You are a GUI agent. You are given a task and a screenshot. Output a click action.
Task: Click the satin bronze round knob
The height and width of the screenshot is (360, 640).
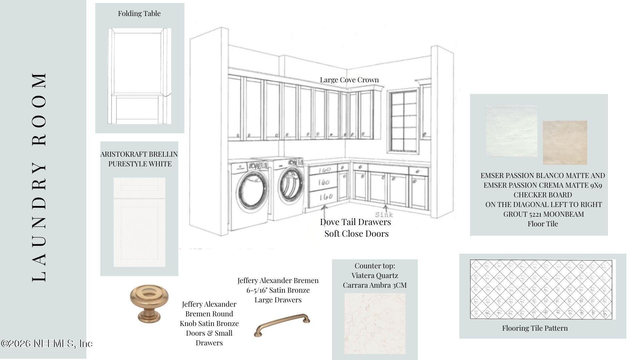pyautogui.click(x=149, y=303)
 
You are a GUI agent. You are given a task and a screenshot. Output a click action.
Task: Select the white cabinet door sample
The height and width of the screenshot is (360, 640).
pyautogui.click(x=139, y=222)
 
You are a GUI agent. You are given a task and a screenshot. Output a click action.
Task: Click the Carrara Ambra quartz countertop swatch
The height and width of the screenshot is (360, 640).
pyautogui.click(x=375, y=323)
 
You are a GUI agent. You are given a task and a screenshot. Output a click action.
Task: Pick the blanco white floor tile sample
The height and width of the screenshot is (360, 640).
pyautogui.click(x=511, y=131)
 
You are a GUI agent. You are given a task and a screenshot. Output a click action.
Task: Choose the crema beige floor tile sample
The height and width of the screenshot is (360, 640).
pyautogui.click(x=565, y=142)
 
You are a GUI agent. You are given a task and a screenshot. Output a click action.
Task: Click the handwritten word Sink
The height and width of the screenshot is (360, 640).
pyautogui.click(x=384, y=214)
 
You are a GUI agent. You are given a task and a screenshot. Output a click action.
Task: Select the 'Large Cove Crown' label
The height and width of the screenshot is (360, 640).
pyautogui.click(x=349, y=80)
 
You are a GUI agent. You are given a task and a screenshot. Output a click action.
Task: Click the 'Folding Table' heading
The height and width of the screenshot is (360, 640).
pyautogui.click(x=139, y=14)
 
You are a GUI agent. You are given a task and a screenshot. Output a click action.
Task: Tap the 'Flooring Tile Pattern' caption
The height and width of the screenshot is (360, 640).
pyautogui.click(x=535, y=328)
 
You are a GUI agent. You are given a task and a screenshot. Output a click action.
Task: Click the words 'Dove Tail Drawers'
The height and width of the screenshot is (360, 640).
pyautogui.click(x=355, y=222)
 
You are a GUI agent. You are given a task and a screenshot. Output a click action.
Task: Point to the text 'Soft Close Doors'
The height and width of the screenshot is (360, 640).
pyautogui.click(x=356, y=234)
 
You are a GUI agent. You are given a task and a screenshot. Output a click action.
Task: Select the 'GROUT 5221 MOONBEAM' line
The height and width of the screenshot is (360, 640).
pyautogui.click(x=543, y=214)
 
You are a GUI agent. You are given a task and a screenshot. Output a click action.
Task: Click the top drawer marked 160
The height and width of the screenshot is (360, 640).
pyautogui.click(x=323, y=170)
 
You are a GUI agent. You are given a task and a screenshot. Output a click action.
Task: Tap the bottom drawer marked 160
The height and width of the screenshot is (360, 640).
pyautogui.click(x=323, y=197)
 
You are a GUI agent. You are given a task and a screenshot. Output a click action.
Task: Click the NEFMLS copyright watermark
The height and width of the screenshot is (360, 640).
pyautogui.click(x=47, y=344)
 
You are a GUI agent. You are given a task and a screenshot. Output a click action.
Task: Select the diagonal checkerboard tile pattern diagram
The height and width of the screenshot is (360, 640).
pyautogui.click(x=541, y=289)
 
